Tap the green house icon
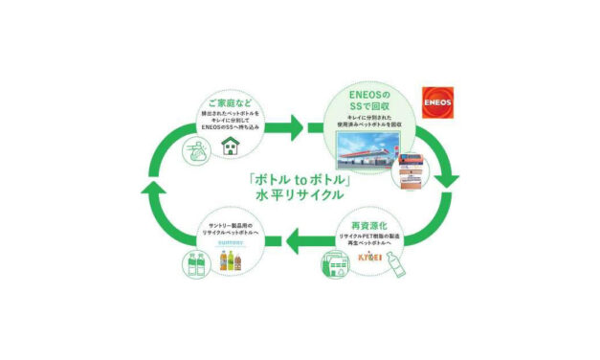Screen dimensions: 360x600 (x=230, y=146)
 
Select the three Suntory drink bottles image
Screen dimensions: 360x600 (x=230, y=260)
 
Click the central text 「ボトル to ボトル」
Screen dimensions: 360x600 (x=300, y=179)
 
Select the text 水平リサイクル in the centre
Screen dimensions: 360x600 (x=300, y=198)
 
